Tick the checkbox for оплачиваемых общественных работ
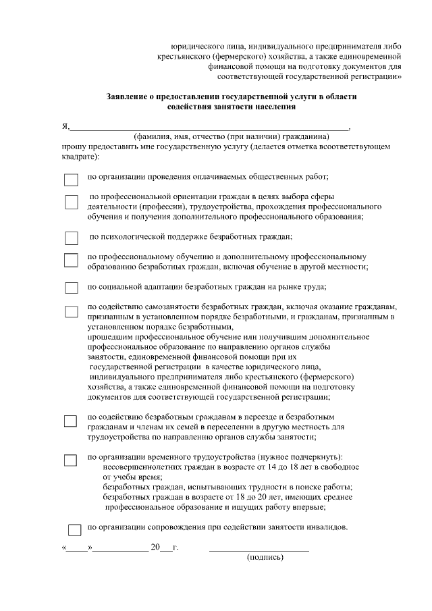(x=72, y=180)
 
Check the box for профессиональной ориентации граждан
(x=72, y=202)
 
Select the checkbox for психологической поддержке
(x=72, y=238)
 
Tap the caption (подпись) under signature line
(x=265, y=557)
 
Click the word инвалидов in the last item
(x=327, y=527)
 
